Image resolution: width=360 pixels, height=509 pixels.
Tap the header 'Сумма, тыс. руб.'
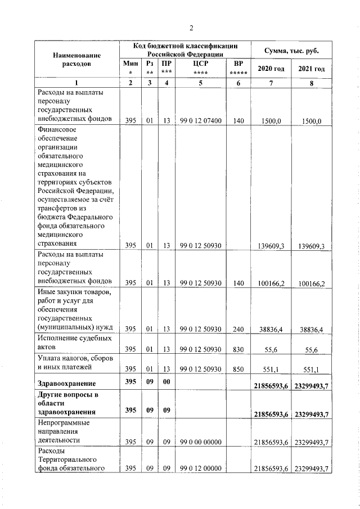tap(291, 51)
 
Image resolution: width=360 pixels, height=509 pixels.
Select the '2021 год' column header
tap(312, 69)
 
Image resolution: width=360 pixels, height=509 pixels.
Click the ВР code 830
tap(238, 349)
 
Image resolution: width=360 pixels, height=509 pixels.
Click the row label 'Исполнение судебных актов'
tap(74, 344)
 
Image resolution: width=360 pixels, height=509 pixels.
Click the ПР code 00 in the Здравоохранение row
tap(166, 383)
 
